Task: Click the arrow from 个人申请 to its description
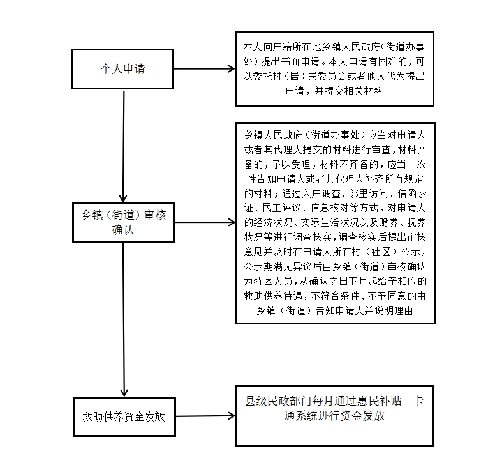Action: (204, 69)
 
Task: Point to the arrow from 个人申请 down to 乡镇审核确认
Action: (124, 146)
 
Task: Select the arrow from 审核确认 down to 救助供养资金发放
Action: (124, 319)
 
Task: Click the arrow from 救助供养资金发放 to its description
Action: (205, 416)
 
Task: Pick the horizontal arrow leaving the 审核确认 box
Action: (205, 222)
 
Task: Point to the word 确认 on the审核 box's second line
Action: (123, 230)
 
